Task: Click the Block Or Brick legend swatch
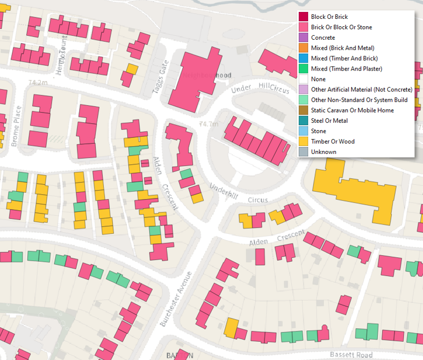(x=303, y=17)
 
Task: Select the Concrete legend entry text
(x=323, y=38)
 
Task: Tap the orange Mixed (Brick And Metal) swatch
(x=303, y=48)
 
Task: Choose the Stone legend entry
(x=319, y=131)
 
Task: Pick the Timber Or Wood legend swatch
(x=303, y=142)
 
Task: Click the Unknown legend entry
(x=324, y=152)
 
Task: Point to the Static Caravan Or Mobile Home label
(x=352, y=110)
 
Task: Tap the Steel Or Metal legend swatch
(x=303, y=121)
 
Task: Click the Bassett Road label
(x=351, y=355)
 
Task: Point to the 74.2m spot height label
(x=38, y=82)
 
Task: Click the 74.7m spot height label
(x=208, y=124)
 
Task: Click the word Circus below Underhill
(x=257, y=200)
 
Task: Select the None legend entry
(x=318, y=79)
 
